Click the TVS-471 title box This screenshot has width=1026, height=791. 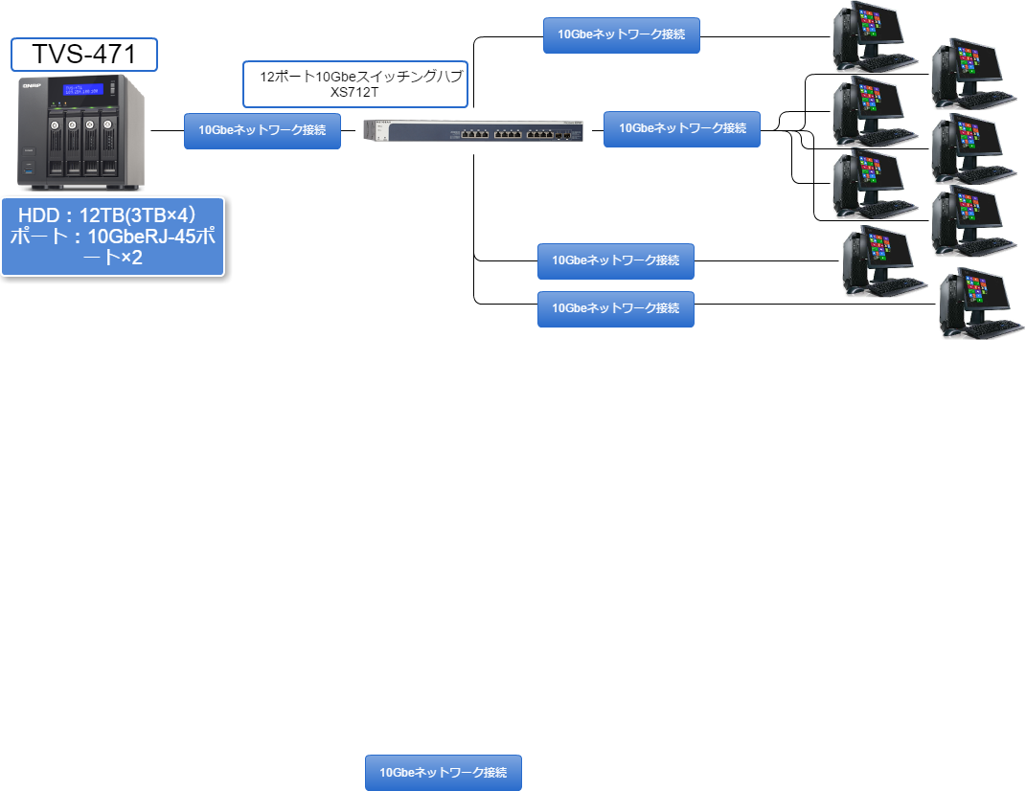pos(84,55)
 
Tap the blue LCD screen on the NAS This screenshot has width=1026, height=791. pos(82,89)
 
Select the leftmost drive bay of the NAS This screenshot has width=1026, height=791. pos(55,147)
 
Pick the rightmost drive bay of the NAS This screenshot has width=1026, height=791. pos(108,147)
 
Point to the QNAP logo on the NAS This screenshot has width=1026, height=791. pos(32,86)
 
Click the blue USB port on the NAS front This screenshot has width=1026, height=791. pos(28,170)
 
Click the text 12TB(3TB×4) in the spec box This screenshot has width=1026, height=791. pos(137,215)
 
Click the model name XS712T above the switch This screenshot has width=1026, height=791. pos(354,92)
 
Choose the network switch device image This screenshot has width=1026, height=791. pos(474,131)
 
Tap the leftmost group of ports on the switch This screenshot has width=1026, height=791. pos(475,134)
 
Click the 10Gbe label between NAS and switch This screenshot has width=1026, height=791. pos(262,131)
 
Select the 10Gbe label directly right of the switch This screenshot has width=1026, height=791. pos(682,129)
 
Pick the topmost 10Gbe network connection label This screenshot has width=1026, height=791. pos(622,35)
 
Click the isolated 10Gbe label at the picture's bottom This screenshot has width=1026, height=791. pos(444,773)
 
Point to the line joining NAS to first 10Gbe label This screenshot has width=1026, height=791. pos(168,131)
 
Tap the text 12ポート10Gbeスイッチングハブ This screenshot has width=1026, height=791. pos(361,77)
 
